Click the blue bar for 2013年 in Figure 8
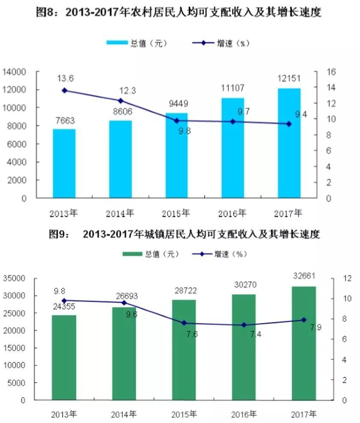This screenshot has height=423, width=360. point(64,163)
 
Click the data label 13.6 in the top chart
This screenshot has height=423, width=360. point(65,79)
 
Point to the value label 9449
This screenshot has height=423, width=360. point(176,102)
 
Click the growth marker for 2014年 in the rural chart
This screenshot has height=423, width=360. point(120,101)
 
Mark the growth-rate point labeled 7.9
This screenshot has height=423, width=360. point(303,320)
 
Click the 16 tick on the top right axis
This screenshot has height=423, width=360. point(332,71)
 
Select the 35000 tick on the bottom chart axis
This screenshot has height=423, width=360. point(15,278)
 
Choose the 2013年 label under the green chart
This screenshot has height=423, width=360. point(64,414)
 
